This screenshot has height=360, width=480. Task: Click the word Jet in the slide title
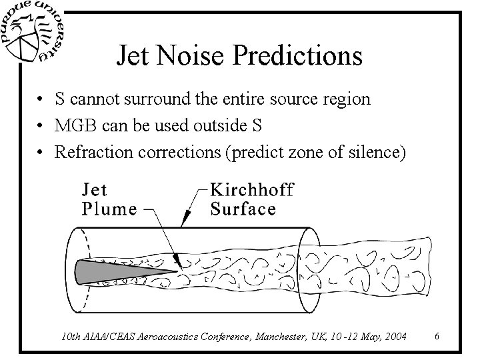point(133,55)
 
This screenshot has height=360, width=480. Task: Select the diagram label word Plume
point(110,209)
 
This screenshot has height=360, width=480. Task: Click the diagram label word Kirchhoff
point(252,189)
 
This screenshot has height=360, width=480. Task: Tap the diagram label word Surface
point(243,209)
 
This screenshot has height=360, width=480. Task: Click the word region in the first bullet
point(347,99)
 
